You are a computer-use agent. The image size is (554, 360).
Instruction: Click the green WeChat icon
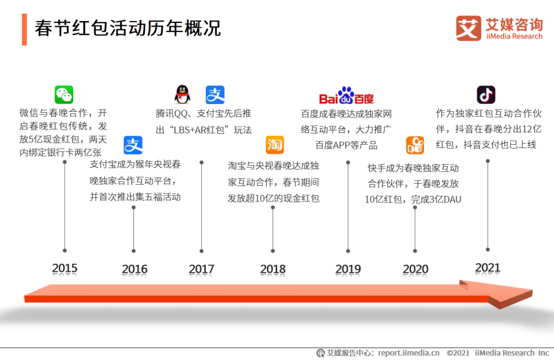coord(64,95)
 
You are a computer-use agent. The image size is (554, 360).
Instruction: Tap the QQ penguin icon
coord(182,95)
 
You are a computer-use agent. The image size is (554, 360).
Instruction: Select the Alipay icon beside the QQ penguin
coord(215,95)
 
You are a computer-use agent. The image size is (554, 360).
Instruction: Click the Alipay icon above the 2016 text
coord(133,145)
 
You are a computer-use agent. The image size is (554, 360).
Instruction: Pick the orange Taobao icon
coord(275,145)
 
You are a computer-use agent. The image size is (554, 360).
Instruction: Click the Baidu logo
coord(346,95)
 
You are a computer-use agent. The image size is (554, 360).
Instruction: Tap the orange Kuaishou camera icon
coord(415,145)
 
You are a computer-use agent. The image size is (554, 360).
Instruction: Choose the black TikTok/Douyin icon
coord(486,95)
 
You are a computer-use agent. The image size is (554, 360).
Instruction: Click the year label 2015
coord(65,268)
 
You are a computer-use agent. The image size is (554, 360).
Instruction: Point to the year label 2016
coord(134,269)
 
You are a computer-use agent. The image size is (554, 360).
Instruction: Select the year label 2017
coord(202,269)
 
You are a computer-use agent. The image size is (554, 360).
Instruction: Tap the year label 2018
coord(273,269)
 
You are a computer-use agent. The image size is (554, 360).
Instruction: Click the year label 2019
coord(348,269)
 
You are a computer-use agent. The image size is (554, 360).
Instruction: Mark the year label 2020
coord(415,269)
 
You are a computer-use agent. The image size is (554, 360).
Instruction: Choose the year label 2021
coord(488,268)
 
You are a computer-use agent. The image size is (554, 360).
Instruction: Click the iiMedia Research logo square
coord(468,28)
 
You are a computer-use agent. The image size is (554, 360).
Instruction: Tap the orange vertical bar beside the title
coord(25,30)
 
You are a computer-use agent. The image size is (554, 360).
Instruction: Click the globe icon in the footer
coord(321,353)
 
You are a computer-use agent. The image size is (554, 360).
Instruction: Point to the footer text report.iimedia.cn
coord(409,353)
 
